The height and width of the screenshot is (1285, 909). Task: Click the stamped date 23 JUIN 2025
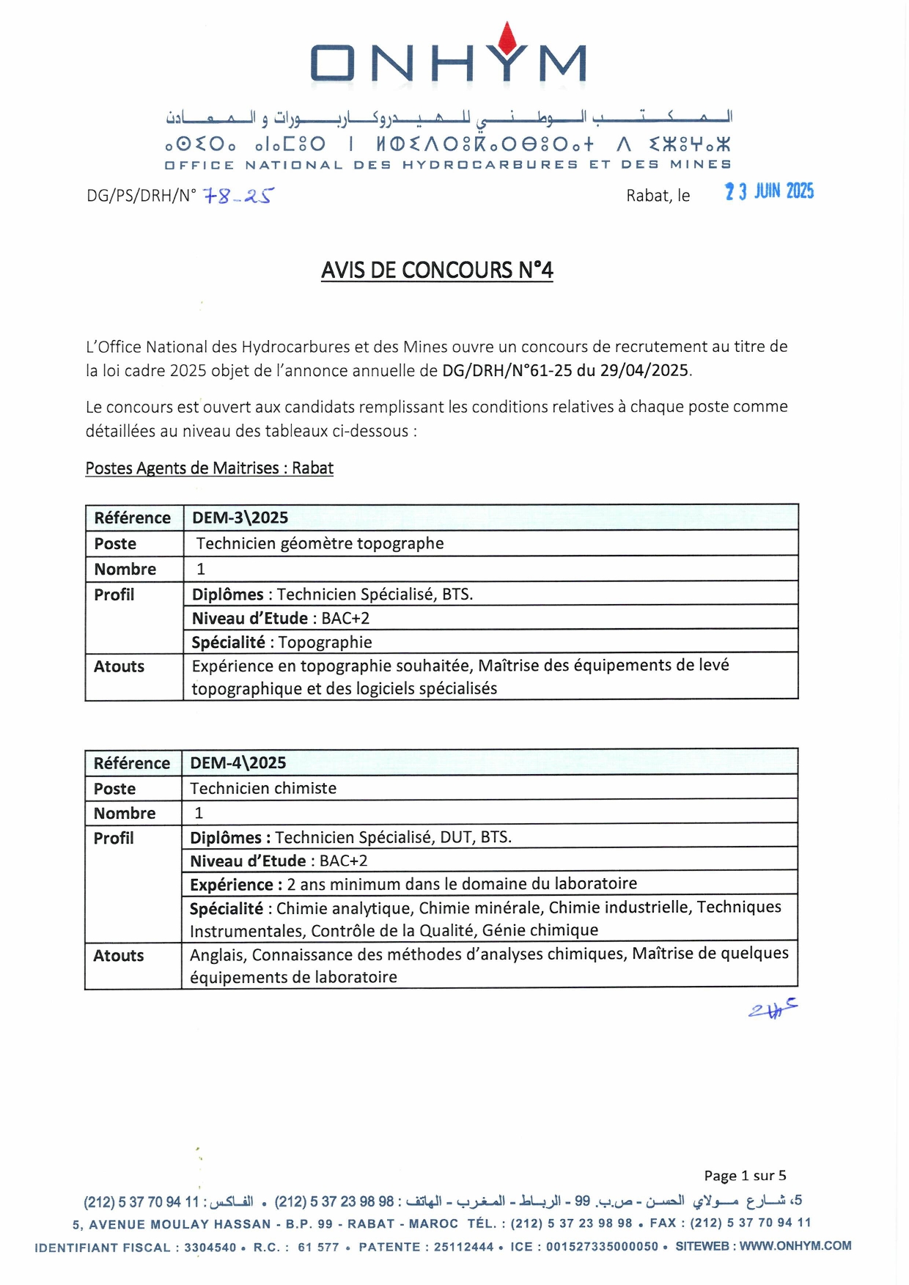pyautogui.click(x=769, y=191)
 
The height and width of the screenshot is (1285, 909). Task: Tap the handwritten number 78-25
pyautogui.click(x=237, y=196)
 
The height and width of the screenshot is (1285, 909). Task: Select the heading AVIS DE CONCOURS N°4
pyautogui.click(x=437, y=270)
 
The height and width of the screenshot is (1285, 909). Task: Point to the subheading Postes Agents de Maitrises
pyautogui.click(x=210, y=468)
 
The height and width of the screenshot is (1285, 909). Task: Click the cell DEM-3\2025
pyautogui.click(x=240, y=518)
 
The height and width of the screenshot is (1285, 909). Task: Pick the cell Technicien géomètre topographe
pyautogui.click(x=320, y=543)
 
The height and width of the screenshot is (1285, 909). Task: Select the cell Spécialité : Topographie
pyautogui.click(x=282, y=642)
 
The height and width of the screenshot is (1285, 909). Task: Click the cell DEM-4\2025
pyautogui.click(x=238, y=762)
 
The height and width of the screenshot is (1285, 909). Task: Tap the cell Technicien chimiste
pyautogui.click(x=264, y=788)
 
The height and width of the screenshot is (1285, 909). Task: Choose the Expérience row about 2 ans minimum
pyautogui.click(x=413, y=884)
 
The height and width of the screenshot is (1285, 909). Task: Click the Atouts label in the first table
pyautogui.click(x=119, y=666)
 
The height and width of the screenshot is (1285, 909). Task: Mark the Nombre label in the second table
pyautogui.click(x=125, y=813)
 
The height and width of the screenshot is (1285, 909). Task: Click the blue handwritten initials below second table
pyautogui.click(x=773, y=1010)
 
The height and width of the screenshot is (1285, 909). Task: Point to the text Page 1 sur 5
pyautogui.click(x=745, y=1176)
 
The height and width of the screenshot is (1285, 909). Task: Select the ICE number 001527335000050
pyautogui.click(x=602, y=1246)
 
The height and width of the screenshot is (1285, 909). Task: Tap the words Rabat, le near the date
pyautogui.click(x=658, y=196)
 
